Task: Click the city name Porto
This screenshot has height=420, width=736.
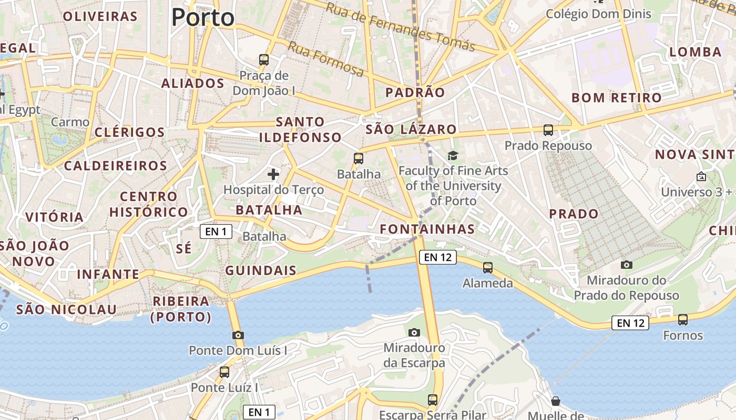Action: [x=202, y=17]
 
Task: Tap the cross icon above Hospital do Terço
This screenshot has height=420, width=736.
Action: [x=273, y=174]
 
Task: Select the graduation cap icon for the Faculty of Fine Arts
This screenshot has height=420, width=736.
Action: [x=453, y=155]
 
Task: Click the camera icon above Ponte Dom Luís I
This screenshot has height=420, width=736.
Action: [x=238, y=335]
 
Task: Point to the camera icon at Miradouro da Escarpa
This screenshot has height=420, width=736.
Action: [x=414, y=332]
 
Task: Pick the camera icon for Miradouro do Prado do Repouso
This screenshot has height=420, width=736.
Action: [x=626, y=265]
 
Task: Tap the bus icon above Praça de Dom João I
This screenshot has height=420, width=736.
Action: [x=264, y=60]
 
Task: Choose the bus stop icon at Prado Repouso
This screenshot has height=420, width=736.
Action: [x=548, y=130]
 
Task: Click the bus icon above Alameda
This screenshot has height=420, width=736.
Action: [x=488, y=268]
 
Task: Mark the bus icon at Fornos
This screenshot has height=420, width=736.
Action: [x=682, y=319]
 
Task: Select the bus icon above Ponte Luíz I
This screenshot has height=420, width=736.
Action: [x=224, y=372]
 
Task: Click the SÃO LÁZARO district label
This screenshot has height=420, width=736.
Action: [x=411, y=129]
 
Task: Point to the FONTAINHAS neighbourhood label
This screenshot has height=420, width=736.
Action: [x=427, y=229]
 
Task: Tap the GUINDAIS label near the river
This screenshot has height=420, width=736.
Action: [x=261, y=271]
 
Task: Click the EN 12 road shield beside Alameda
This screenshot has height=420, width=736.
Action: [x=437, y=257]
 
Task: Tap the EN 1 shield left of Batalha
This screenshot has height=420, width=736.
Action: [x=216, y=232]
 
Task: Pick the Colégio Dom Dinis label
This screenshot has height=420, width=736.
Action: [x=598, y=14]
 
